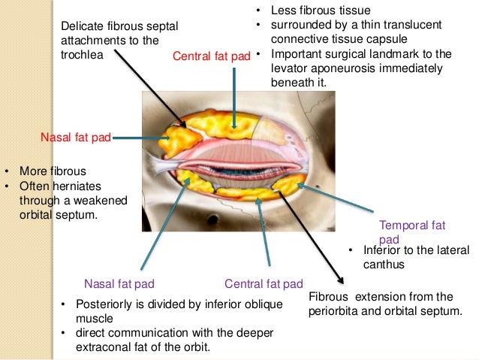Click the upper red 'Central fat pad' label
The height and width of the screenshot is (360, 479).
click(x=212, y=56)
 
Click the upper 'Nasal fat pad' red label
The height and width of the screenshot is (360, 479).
click(x=76, y=138)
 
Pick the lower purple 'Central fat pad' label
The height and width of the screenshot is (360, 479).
click(x=263, y=283)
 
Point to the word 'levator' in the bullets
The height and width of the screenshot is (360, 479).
click(x=290, y=68)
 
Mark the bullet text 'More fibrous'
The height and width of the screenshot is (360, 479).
click(x=53, y=171)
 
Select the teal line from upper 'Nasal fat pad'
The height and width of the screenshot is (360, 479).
click(x=139, y=138)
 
